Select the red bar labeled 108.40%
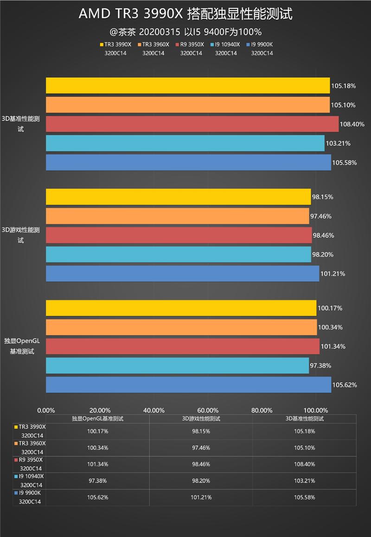(x=192, y=124)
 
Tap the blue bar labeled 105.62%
(x=188, y=385)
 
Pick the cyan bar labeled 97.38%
(x=177, y=366)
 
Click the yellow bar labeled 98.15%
(x=178, y=197)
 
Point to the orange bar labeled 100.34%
(x=181, y=327)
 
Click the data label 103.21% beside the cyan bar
(x=338, y=143)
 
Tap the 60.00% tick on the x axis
(x=208, y=410)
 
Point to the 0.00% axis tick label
(x=46, y=410)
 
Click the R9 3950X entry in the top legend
(x=190, y=45)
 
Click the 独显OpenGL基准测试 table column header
(x=97, y=418)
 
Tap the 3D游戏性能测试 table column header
(x=201, y=418)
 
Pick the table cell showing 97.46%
(x=201, y=448)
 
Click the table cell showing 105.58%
(x=304, y=497)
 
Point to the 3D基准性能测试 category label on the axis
(x=21, y=124)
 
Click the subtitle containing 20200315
(x=185, y=32)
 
